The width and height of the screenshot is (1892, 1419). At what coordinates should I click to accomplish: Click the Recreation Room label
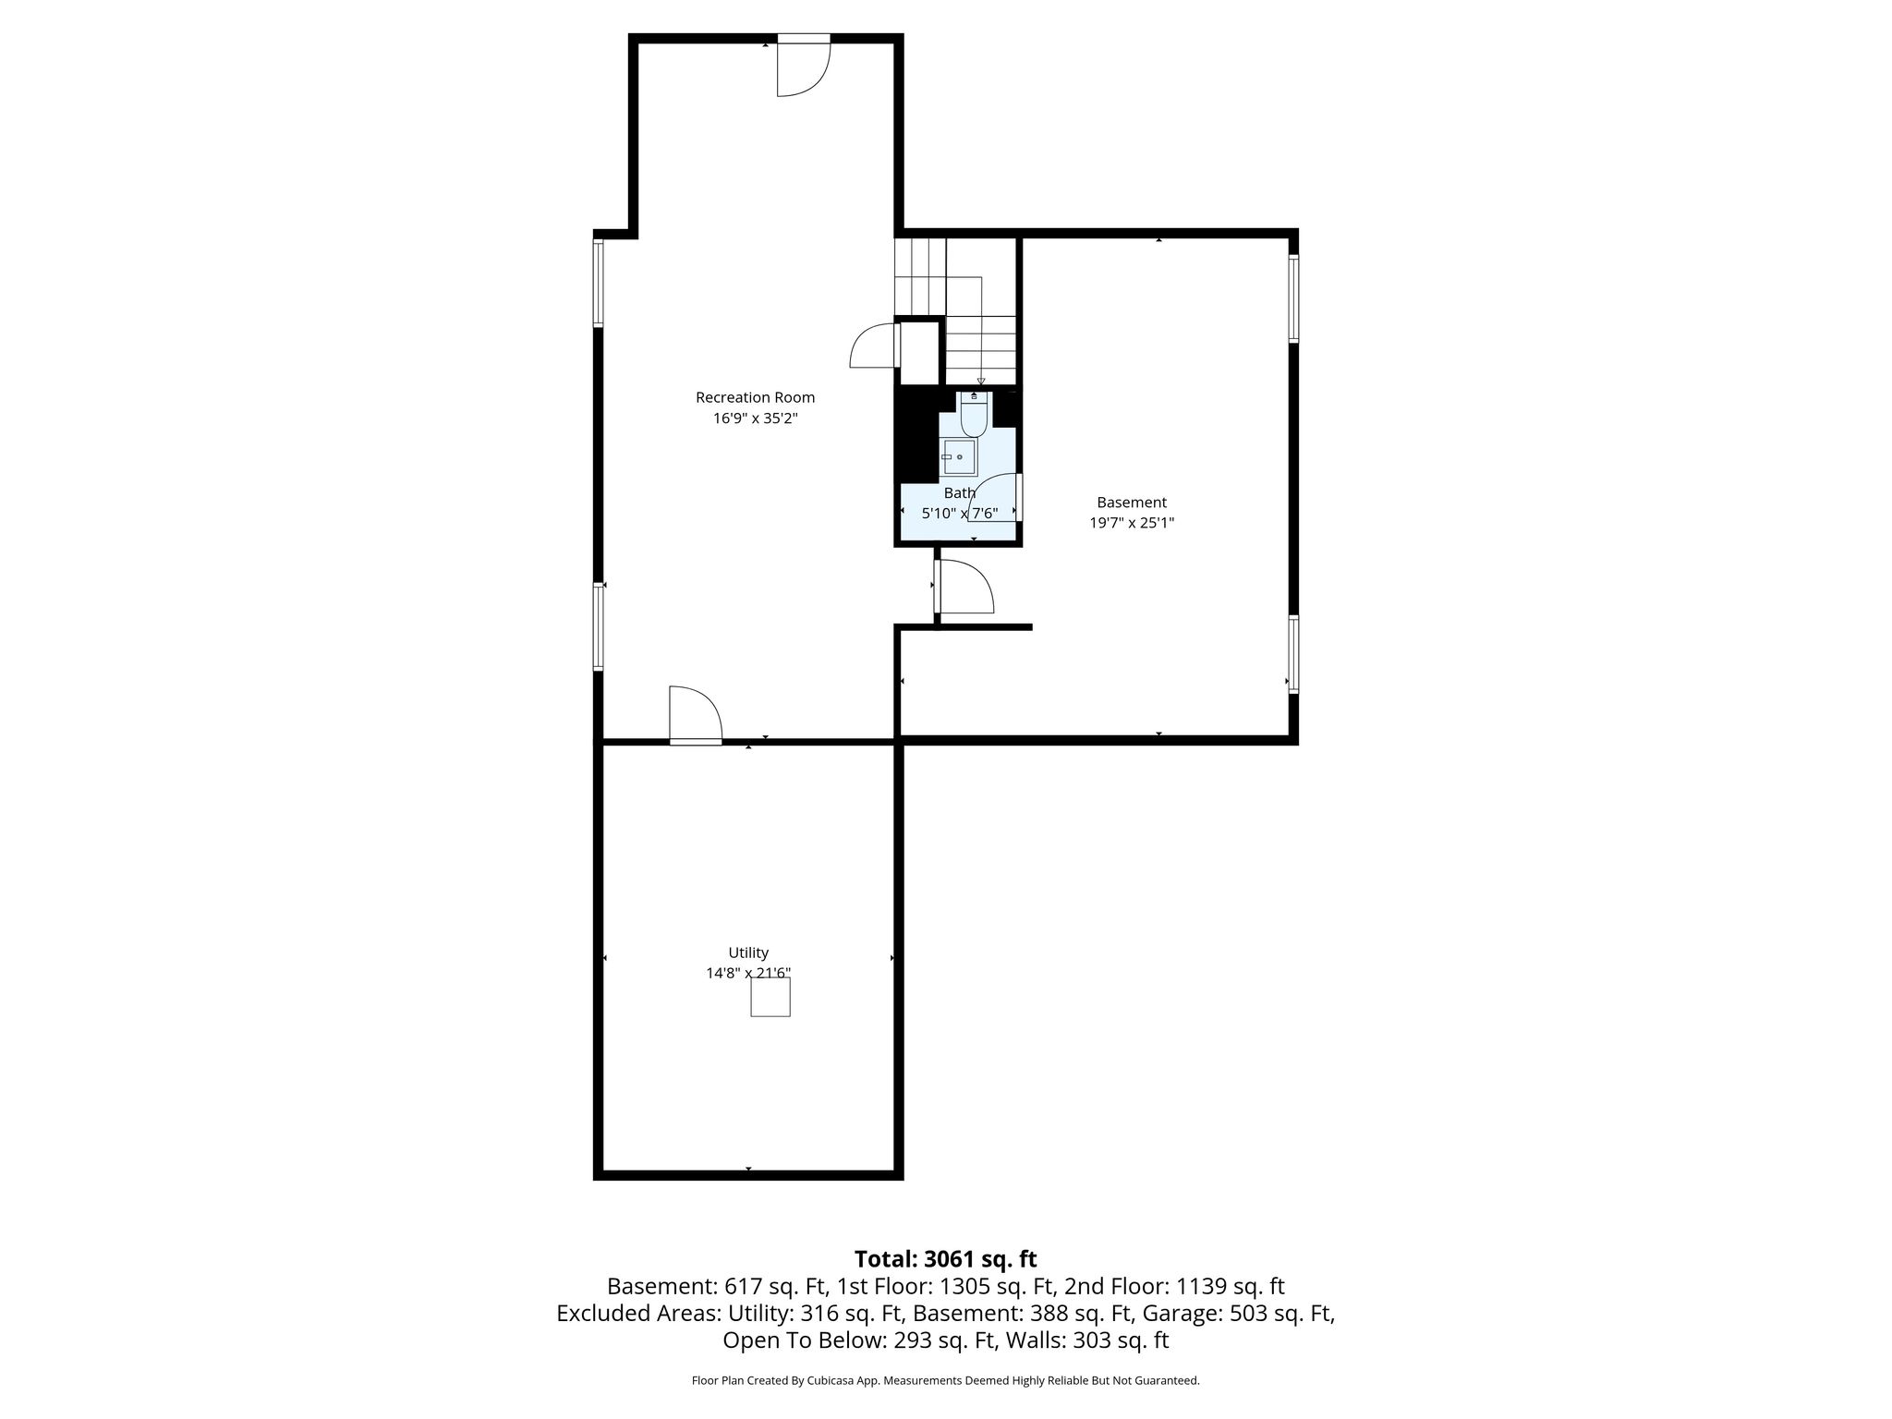point(755,397)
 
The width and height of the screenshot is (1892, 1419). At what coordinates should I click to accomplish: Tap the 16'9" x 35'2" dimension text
point(755,418)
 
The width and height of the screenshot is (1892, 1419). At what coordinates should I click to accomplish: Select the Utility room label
point(748,952)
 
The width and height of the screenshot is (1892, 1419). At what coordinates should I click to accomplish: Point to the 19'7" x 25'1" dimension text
point(1132,523)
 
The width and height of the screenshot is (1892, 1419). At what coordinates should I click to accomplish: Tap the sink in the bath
point(959,457)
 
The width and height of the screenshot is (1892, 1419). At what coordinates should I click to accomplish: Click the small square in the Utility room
point(770,997)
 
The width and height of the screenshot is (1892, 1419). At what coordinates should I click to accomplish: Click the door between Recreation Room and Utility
point(695,715)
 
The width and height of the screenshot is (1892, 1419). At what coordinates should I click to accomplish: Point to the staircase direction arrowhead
point(981,381)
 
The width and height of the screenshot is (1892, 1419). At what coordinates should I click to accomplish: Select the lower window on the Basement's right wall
point(1293,654)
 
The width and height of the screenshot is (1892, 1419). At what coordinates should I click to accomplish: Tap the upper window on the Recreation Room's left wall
point(598,283)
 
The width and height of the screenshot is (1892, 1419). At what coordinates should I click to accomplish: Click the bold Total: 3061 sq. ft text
point(945,1259)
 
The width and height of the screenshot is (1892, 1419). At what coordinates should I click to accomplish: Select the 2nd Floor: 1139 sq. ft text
point(1174,1286)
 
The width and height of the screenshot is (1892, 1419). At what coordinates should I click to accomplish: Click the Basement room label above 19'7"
point(1132,503)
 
